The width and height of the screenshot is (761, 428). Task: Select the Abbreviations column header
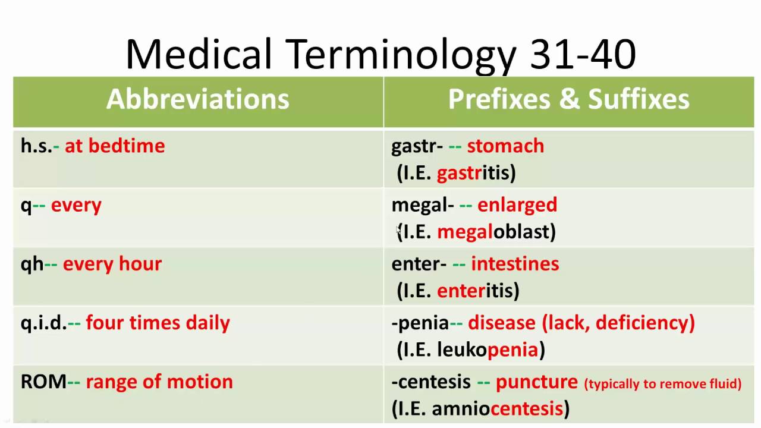(197, 99)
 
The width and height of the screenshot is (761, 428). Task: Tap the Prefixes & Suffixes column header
(568, 99)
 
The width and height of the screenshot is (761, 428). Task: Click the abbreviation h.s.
(36, 146)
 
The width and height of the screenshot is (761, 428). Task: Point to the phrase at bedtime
(115, 146)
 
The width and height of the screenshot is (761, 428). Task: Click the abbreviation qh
(32, 264)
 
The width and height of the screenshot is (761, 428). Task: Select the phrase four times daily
(158, 323)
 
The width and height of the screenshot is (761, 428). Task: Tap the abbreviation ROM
(43, 382)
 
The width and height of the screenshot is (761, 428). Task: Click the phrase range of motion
(159, 382)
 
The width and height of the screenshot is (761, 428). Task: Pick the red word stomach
(505, 146)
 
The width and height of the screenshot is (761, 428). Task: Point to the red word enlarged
(517, 205)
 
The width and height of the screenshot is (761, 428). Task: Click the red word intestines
(515, 264)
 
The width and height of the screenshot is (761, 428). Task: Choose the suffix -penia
(420, 323)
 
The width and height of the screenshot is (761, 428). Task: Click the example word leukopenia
(488, 350)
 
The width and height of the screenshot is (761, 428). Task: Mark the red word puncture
(536, 382)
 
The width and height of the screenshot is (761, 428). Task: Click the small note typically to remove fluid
(663, 384)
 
